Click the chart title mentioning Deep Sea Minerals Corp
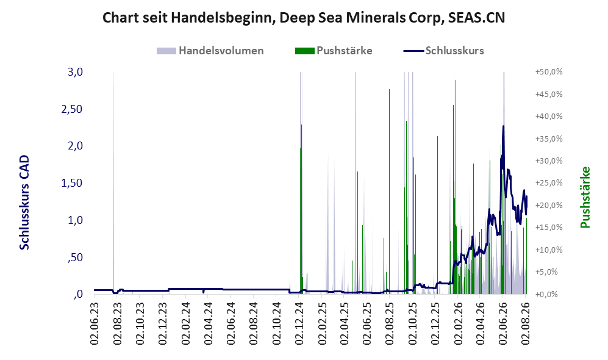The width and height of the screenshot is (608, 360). (304, 18)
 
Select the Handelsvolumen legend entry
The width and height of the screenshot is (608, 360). (210, 51)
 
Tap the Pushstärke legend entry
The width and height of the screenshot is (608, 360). (334, 51)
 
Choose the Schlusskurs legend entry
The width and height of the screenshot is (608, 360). (443, 51)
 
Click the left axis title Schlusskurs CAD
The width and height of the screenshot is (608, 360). (24, 202)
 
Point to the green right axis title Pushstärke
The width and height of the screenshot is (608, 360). (585, 197)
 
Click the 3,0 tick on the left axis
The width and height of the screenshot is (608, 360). (75, 72)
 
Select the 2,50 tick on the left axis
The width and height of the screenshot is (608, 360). (72, 109)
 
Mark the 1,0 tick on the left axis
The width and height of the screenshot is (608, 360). (75, 220)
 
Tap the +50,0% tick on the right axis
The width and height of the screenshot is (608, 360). (549, 72)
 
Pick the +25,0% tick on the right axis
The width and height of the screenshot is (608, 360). (549, 182)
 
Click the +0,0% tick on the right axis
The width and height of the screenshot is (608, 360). (547, 294)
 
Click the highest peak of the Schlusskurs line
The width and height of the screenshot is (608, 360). (503, 126)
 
